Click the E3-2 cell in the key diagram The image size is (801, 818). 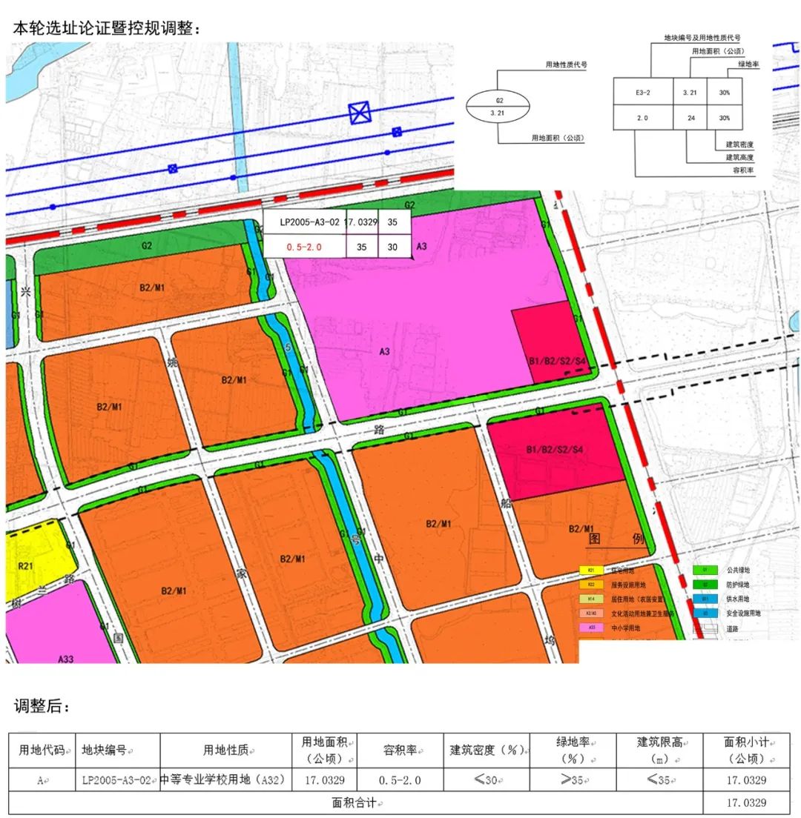click(x=642, y=93)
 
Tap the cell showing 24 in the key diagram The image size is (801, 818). click(x=690, y=118)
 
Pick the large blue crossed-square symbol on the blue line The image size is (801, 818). click(x=360, y=113)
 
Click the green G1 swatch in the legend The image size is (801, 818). click(x=705, y=571)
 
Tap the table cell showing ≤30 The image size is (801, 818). click(x=486, y=780)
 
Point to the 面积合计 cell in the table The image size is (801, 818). click(x=354, y=802)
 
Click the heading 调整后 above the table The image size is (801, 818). click(x=42, y=706)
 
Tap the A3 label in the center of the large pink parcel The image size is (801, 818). click(x=384, y=351)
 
